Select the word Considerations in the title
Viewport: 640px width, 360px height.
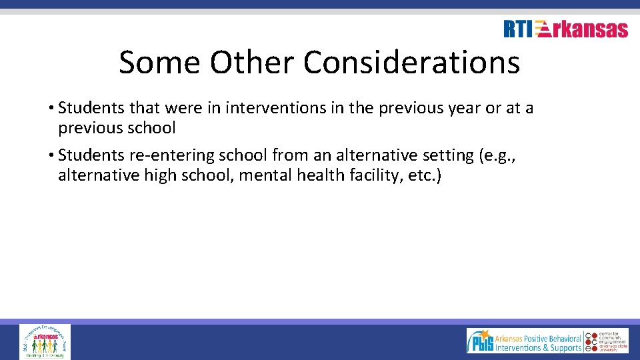411,63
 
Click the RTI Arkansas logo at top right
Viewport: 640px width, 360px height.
565,29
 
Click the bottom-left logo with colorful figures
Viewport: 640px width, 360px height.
45,341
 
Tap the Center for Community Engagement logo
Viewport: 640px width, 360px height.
607,341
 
